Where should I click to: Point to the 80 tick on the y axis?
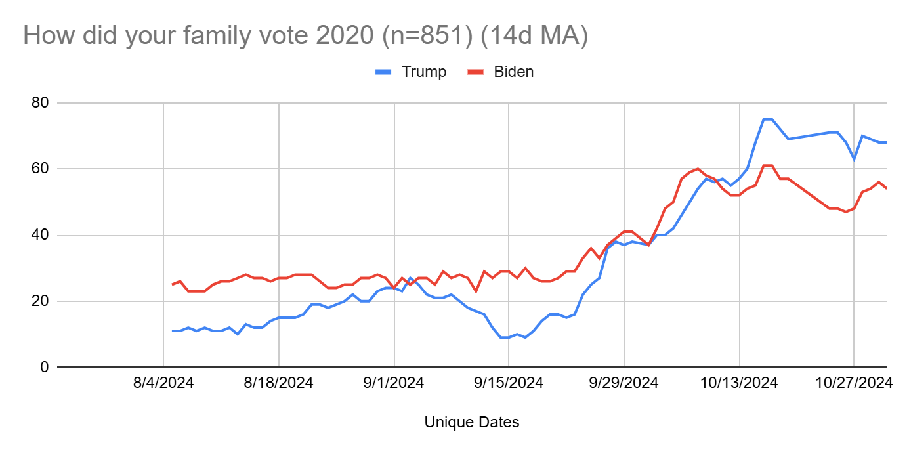(40, 103)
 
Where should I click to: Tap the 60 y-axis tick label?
(40, 169)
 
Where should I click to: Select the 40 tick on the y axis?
(40, 235)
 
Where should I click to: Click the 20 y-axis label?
(40, 301)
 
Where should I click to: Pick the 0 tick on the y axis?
(45, 367)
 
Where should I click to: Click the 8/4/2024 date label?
(163, 383)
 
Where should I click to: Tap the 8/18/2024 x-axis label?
(279, 383)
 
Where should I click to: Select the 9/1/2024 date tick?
(394, 383)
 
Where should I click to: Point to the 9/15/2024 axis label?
(509, 383)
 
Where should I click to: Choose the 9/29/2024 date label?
(624, 383)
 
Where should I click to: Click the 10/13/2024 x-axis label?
(740, 383)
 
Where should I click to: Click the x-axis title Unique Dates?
(472, 422)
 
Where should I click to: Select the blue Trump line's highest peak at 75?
(767, 119)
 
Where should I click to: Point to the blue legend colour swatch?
(384, 72)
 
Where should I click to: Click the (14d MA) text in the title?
(534, 36)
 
